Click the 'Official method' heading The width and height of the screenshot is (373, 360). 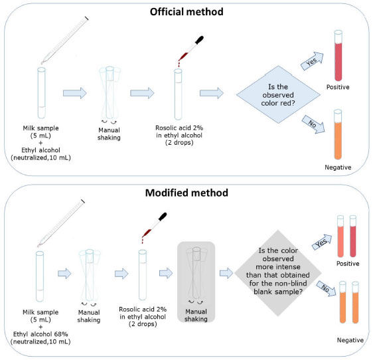pos(186,12)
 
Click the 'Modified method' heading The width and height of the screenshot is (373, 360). pos(186,193)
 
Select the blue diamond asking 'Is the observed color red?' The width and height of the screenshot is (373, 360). pos(278,94)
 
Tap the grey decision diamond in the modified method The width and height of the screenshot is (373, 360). pos(278,273)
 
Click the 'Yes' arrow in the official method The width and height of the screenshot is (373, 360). pos(313,61)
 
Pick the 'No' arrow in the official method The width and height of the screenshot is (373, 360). pos(313,124)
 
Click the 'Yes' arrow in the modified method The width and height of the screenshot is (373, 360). pos(322,242)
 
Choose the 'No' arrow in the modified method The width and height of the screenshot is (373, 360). pos(326,288)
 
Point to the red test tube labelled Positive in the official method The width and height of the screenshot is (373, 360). pos(338,56)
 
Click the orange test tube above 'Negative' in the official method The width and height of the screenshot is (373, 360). pos(338,135)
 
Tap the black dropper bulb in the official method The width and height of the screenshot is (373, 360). pos(199,40)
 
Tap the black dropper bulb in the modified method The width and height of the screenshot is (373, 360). pos(163,217)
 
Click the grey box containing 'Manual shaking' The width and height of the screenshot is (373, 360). pos(196,282)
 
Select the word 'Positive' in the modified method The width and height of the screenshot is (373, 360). pos(348,264)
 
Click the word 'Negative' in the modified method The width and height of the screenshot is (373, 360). pos(350,340)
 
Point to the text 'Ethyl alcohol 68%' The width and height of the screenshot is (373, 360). pos(40,334)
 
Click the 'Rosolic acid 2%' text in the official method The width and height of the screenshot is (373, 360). pos(179,128)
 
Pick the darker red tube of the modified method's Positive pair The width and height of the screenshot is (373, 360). pos(353,236)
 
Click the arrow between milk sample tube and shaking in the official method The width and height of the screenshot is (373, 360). pos(75,93)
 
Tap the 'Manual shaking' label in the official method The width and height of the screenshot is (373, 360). pos(109,134)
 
